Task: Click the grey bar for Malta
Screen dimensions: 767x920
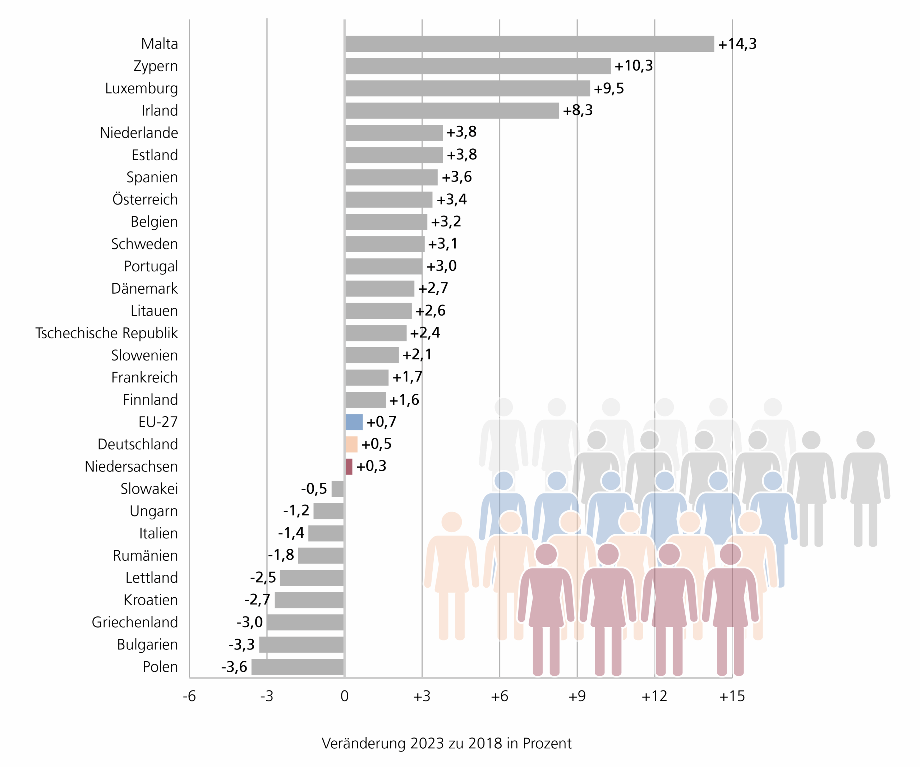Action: pyautogui.click(x=529, y=44)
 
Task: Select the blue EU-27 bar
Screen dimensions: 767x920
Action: pyautogui.click(x=354, y=422)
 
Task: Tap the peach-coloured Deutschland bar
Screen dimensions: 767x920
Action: pyautogui.click(x=351, y=444)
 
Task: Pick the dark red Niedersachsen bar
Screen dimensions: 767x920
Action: pyautogui.click(x=349, y=467)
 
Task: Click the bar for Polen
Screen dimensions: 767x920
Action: pyautogui.click(x=298, y=667)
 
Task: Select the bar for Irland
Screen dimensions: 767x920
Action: pyautogui.click(x=452, y=110)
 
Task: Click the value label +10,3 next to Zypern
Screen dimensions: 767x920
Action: pyautogui.click(x=634, y=66)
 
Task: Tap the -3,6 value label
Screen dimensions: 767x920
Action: pyautogui.click(x=234, y=667)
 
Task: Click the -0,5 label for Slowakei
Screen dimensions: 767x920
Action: pyautogui.click(x=314, y=488)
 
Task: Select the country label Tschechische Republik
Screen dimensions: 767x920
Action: pyautogui.click(x=106, y=333)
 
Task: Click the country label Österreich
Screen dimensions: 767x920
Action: pyautogui.click(x=145, y=199)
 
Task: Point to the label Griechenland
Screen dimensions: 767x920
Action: pyautogui.click(x=134, y=622)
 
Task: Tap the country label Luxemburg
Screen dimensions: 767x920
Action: pyautogui.click(x=142, y=88)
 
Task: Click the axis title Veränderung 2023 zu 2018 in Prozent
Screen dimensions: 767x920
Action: pyautogui.click(x=446, y=743)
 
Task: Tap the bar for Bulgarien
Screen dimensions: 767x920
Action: pyautogui.click(x=302, y=644)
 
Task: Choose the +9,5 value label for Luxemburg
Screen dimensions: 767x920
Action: pyautogui.click(x=608, y=88)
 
